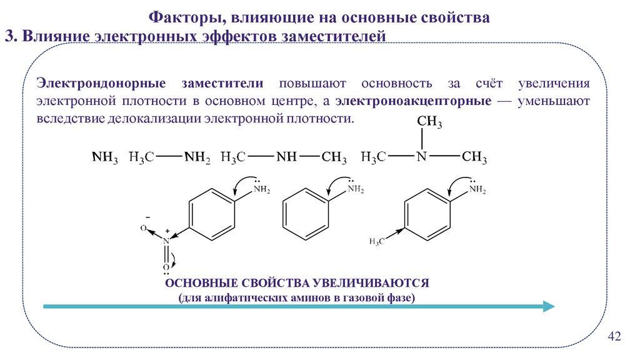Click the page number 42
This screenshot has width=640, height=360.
coord(614,337)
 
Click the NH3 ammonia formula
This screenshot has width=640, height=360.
coord(104,157)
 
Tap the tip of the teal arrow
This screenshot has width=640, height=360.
coord(552,306)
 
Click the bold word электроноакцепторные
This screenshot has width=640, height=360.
coord(412,101)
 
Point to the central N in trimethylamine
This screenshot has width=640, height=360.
coord(422,157)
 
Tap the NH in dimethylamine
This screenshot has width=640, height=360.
coord(286,157)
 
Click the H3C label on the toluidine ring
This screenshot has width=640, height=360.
coord(377,241)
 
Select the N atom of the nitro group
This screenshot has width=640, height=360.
coord(166,240)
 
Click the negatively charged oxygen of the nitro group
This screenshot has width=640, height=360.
coord(143,229)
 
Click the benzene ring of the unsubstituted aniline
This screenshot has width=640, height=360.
coord(306,213)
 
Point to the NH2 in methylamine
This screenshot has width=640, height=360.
coord(197,157)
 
